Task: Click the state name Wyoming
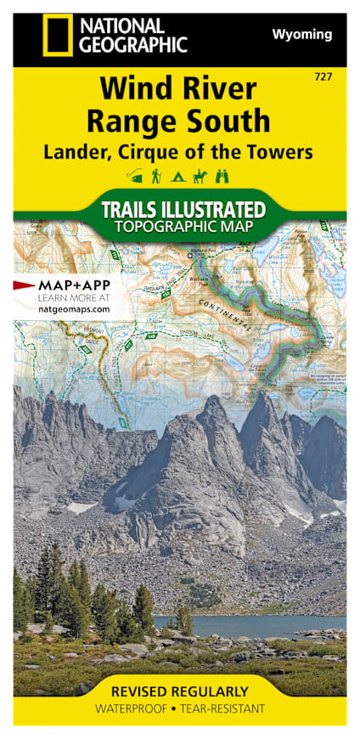point(301,34)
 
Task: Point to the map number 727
point(323,77)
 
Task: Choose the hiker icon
point(157,176)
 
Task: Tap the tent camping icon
point(178,176)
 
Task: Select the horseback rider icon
point(200,176)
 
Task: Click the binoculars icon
point(222,176)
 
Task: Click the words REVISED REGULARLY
point(180,691)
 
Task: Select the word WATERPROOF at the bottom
point(131,708)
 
